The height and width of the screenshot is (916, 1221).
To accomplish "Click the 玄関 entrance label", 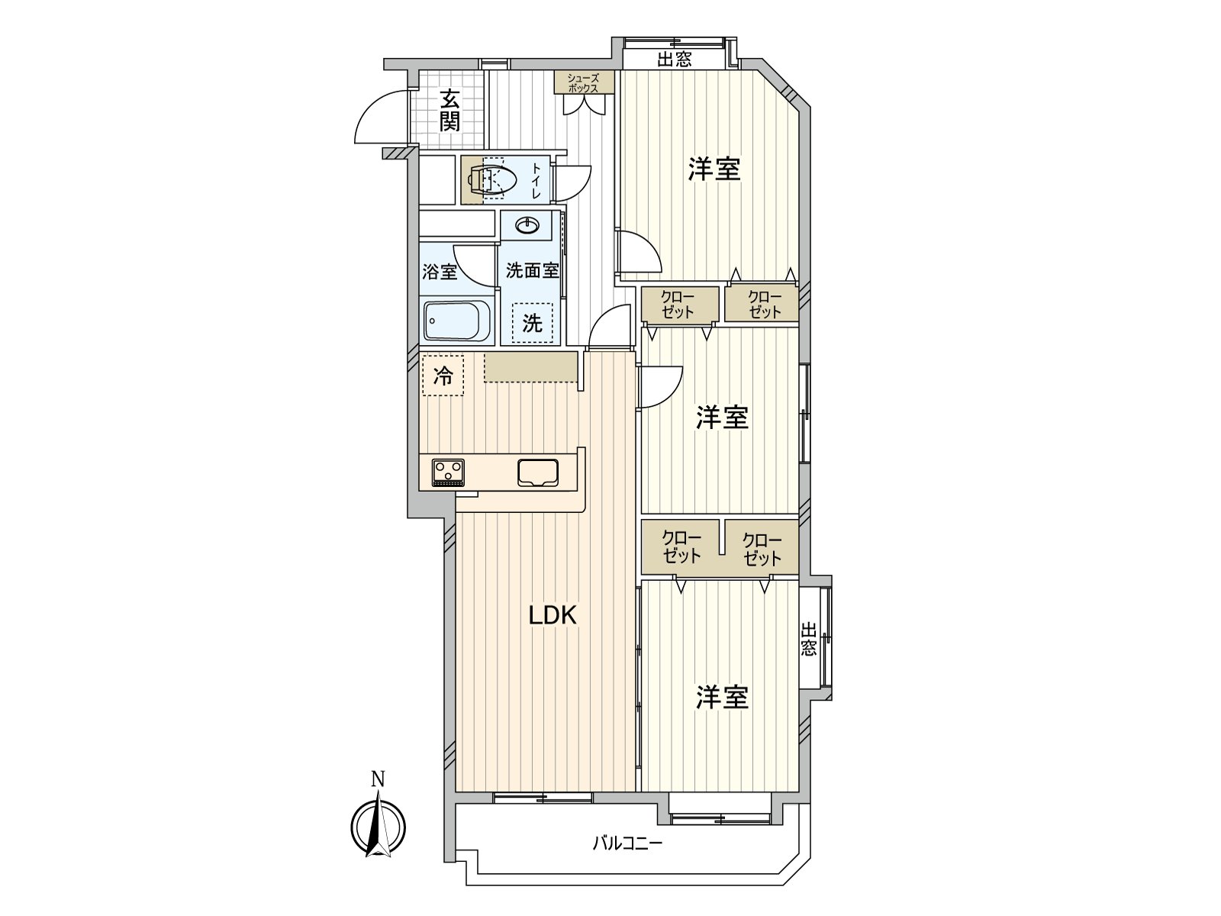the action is (x=450, y=110).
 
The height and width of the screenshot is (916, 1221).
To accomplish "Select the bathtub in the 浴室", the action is (x=458, y=321).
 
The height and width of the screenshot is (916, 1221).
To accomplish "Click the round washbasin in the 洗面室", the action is (x=527, y=225).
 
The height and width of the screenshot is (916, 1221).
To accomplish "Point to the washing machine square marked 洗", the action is (x=533, y=324).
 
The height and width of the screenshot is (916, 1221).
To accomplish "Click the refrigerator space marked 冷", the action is (x=443, y=376).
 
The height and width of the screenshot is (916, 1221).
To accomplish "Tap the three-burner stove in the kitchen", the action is (x=449, y=473).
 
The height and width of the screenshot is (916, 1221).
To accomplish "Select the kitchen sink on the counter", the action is (x=538, y=473).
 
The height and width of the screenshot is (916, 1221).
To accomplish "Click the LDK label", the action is (x=553, y=616).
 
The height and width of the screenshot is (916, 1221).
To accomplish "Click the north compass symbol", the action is (x=379, y=827).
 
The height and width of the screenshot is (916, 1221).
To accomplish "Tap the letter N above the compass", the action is (x=379, y=779).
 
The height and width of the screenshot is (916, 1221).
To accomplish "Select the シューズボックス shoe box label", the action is (x=583, y=83).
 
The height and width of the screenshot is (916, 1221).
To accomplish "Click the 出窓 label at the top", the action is (x=674, y=59).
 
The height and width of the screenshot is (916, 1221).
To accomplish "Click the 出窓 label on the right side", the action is (x=809, y=639).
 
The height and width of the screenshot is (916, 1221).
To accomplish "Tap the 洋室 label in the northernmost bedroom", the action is (x=715, y=169).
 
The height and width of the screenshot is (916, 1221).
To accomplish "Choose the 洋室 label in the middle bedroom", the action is (x=723, y=418).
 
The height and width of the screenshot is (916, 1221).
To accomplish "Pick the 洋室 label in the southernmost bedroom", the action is (x=723, y=697).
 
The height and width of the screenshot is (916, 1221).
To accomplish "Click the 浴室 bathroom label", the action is (x=440, y=272).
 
